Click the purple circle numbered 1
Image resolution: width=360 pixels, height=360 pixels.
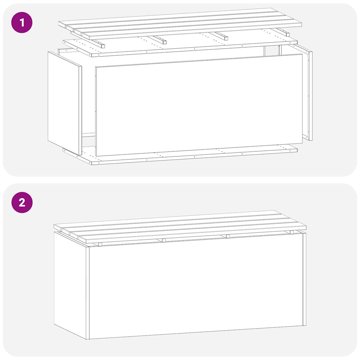click(22, 22)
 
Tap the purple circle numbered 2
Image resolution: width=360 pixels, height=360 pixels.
click(22, 202)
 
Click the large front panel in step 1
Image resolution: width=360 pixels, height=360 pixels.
click(199, 105)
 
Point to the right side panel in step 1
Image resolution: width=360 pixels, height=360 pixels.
click(307, 95)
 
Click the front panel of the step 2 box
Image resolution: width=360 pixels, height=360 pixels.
click(195, 287)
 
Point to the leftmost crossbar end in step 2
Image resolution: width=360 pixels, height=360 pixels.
click(100, 244)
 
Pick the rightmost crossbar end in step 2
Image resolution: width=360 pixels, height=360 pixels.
click(291, 232)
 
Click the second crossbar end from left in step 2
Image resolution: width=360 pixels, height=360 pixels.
click(164, 240)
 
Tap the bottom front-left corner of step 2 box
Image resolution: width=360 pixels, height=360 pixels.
click(88, 339)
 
